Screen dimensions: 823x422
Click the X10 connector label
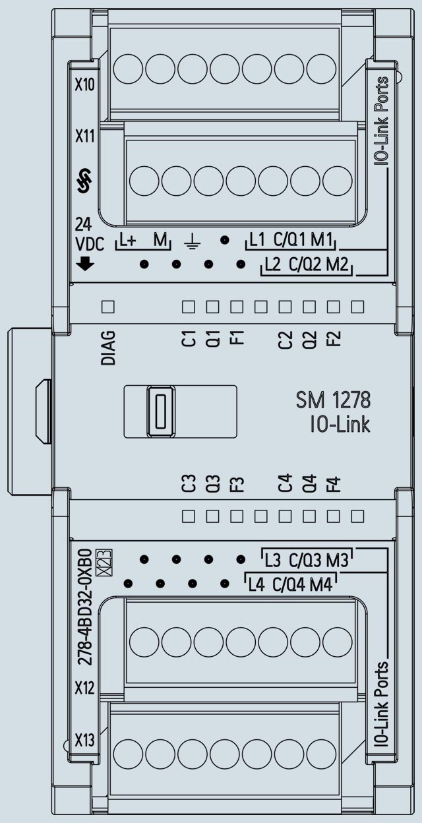click(x=84, y=86)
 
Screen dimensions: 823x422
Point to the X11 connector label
click(x=84, y=137)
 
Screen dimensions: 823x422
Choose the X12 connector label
click(x=84, y=688)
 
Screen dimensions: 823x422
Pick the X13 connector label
click(x=84, y=740)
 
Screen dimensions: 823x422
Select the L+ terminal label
click(x=128, y=240)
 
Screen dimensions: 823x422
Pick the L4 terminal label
click(x=256, y=584)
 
